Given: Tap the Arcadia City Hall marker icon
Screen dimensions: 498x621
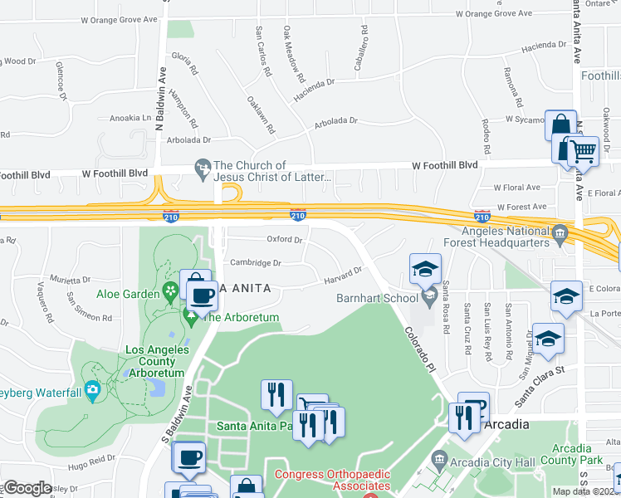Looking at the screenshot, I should pos(439,457).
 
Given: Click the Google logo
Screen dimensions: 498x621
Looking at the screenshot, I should pos(27,488).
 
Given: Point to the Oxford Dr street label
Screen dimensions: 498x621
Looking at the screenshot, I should pos(284,239).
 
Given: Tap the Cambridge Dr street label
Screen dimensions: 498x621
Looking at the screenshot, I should pos(256,262).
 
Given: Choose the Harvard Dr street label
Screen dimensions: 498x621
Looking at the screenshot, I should pos(343,275).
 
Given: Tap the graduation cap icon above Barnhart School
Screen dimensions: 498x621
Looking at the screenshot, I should pos(424,269).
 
